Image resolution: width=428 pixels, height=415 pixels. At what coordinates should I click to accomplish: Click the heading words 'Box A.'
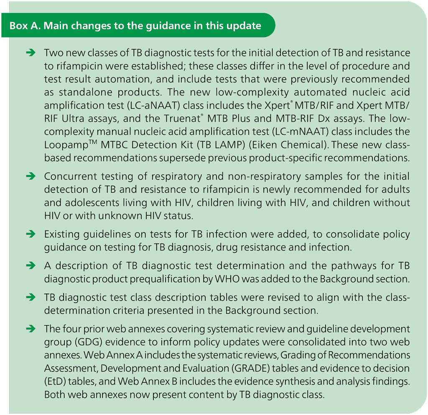pos(25,25)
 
